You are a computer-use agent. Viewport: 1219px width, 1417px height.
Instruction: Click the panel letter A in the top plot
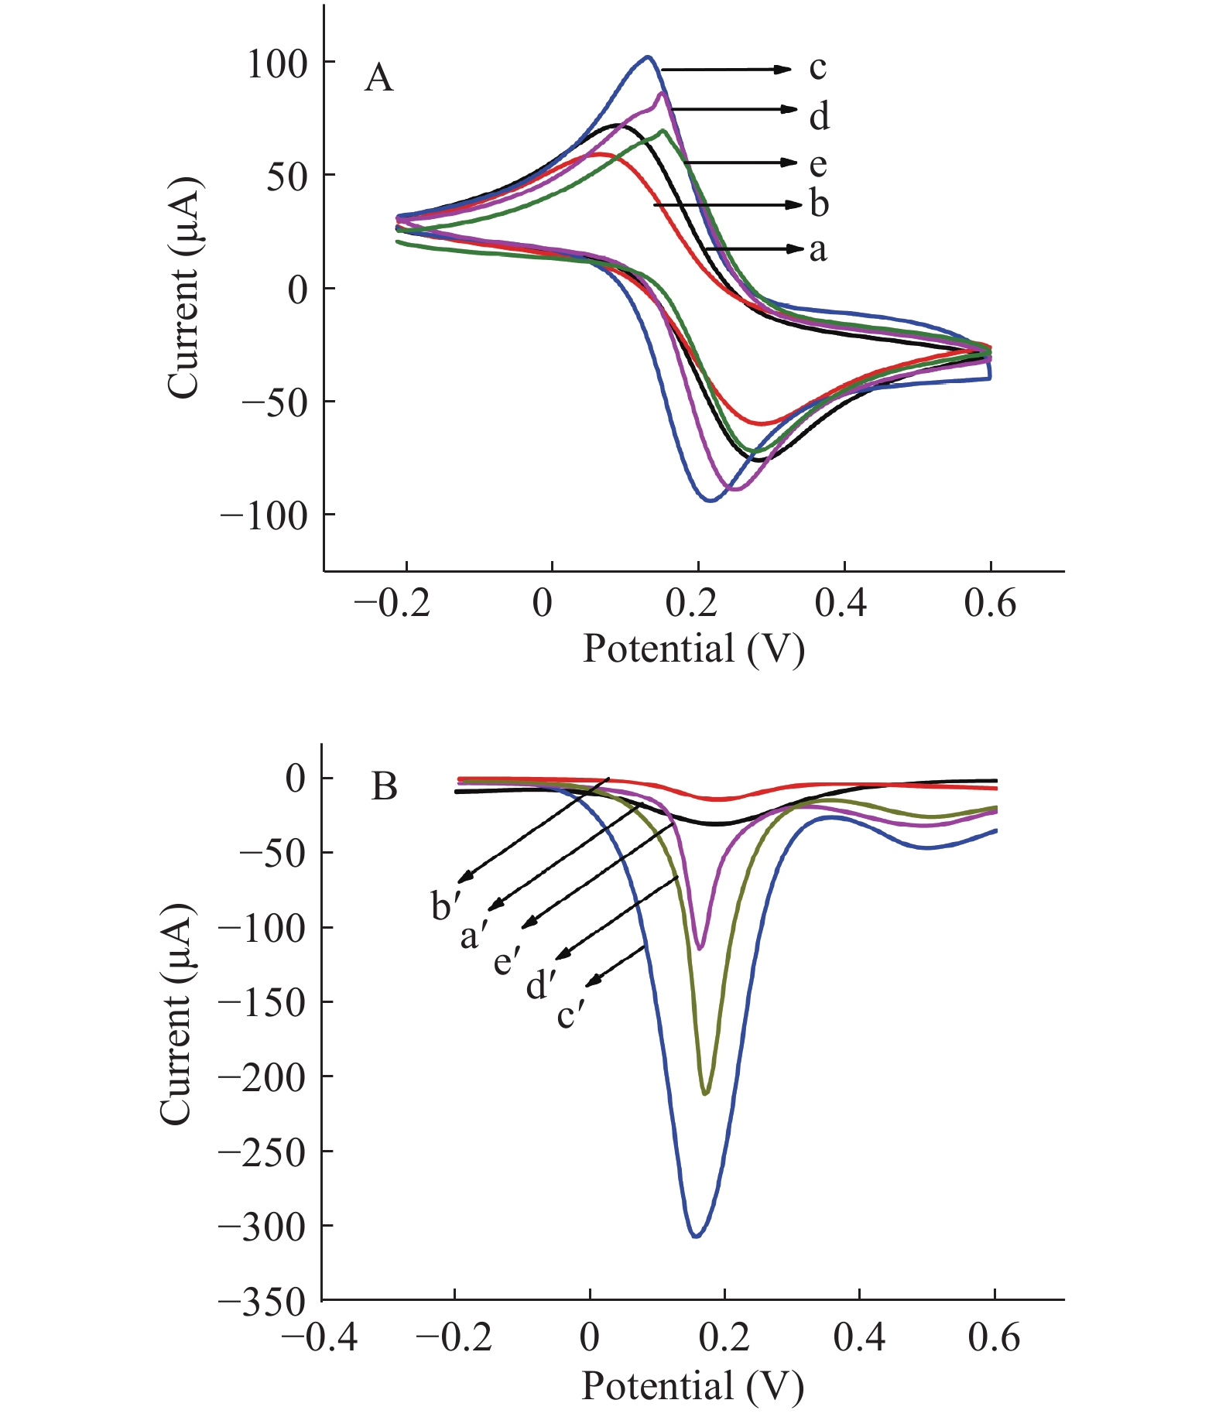(378, 78)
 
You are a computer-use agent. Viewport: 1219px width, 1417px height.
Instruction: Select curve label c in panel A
(818, 69)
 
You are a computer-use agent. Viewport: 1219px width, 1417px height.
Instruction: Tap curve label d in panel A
(820, 116)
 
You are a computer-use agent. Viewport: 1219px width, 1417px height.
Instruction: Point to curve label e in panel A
(818, 164)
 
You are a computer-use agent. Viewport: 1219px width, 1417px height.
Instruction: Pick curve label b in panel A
(820, 204)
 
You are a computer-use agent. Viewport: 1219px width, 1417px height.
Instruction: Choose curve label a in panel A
(818, 250)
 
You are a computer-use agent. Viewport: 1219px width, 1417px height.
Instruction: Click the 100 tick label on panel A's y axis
(277, 64)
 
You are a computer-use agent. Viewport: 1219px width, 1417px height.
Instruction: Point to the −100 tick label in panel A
(264, 516)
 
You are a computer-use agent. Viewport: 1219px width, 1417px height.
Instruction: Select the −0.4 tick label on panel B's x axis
(319, 1338)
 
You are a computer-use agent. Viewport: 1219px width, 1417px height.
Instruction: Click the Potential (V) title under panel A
(693, 649)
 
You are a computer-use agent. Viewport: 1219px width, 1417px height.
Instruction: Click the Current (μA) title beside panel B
(176, 1013)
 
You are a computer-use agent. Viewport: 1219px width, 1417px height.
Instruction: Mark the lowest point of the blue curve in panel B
(696, 1236)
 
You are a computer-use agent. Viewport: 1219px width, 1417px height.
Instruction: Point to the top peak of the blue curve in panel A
(648, 56)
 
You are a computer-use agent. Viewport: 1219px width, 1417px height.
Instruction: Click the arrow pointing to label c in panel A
(726, 70)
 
